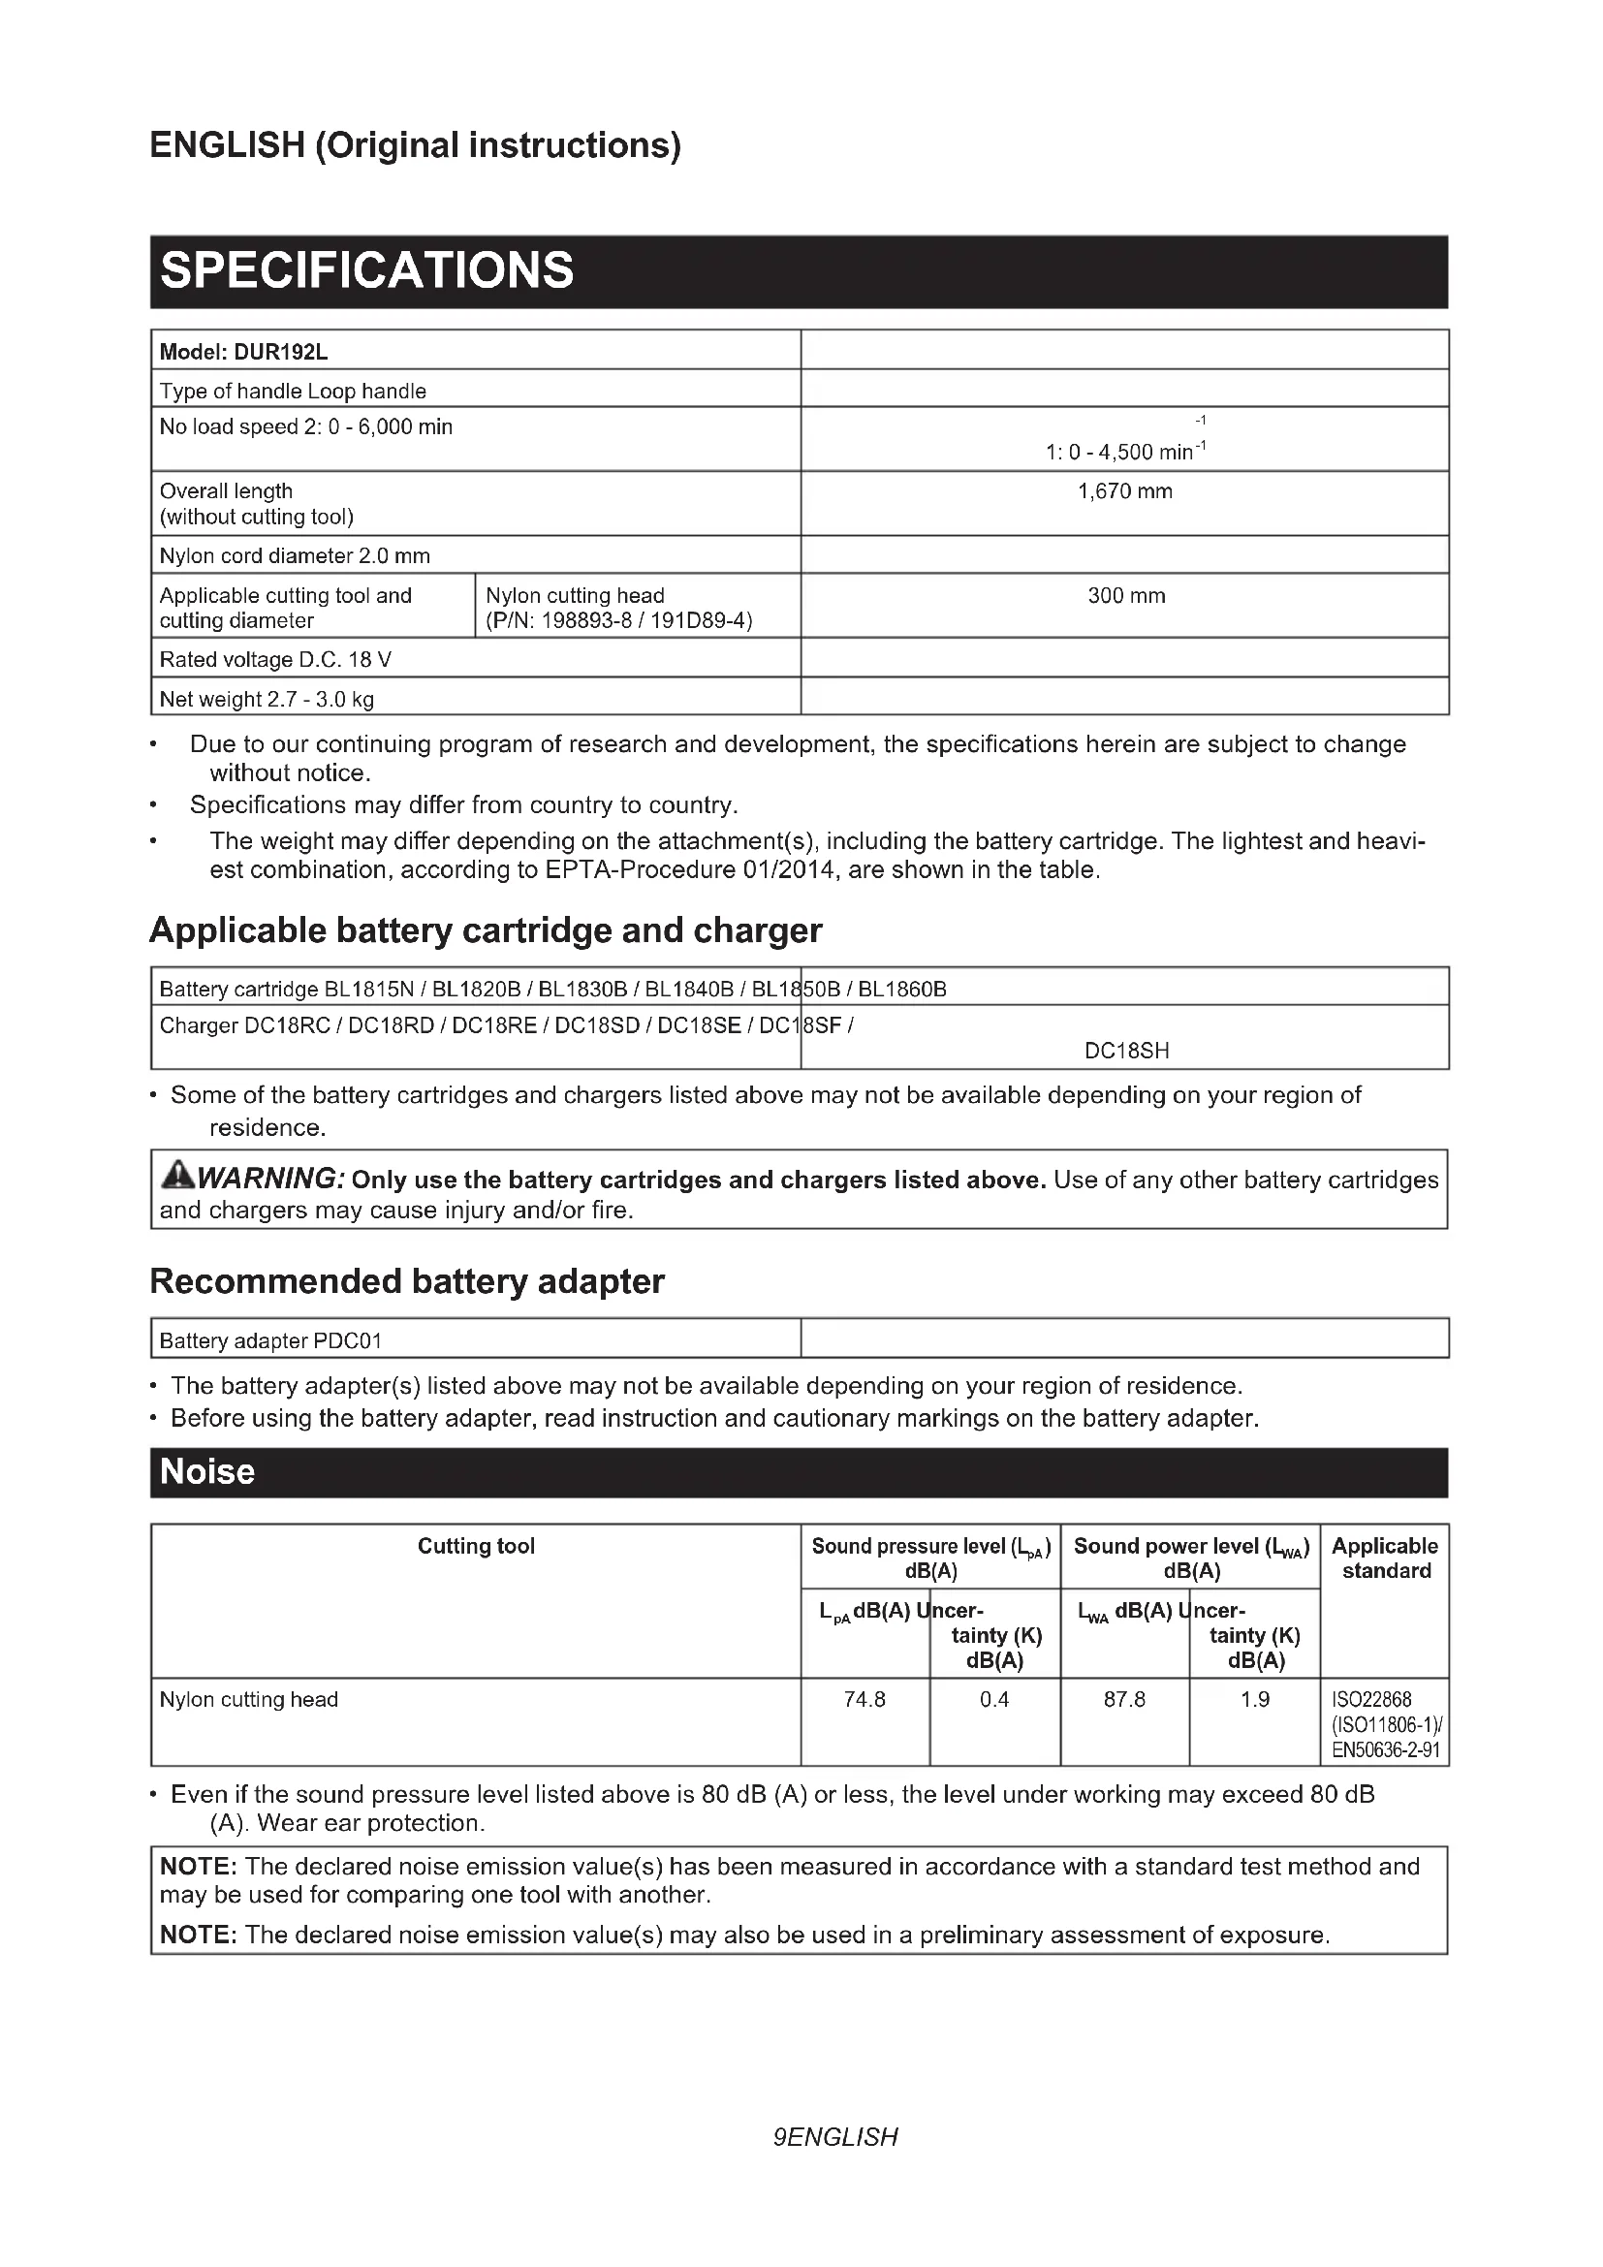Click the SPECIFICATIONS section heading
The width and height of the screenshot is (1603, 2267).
(x=366, y=270)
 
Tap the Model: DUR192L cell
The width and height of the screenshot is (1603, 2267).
(x=244, y=351)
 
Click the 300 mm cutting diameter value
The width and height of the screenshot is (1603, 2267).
(x=1125, y=595)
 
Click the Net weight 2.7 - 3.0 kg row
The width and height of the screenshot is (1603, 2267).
(x=267, y=699)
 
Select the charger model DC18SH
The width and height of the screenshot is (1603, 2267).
(x=1126, y=1051)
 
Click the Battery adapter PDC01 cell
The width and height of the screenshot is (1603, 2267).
(x=270, y=1339)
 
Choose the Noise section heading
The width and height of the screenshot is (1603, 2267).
(x=207, y=1471)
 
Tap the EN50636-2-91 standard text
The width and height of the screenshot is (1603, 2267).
(x=1385, y=1750)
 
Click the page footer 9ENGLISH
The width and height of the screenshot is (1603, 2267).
(x=835, y=2137)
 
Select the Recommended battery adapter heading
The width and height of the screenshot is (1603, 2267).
(x=407, y=1280)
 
